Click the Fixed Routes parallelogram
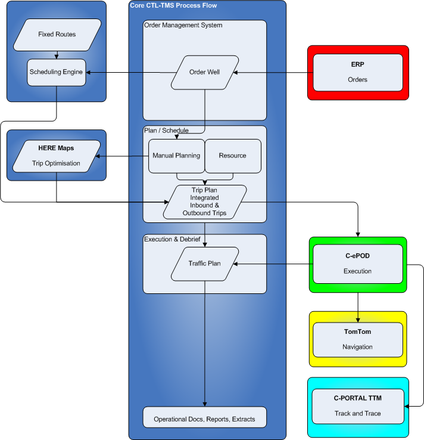pos(57,35)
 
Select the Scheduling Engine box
pos(57,72)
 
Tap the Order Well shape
pos(205,72)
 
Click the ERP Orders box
pos(358,73)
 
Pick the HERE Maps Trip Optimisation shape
pos(57,156)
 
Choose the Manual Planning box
pos(176,156)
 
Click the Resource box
pos(233,156)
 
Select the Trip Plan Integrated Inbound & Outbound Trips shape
pos(205,202)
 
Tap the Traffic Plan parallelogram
pos(205,264)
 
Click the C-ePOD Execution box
pos(358,264)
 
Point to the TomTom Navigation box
pos(358,340)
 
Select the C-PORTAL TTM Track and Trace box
pos(358,407)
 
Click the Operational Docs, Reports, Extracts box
pos(205,417)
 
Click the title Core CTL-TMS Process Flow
pos(173,5)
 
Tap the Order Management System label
pos(183,25)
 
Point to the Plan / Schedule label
pos(167,131)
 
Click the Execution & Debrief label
pos(172,239)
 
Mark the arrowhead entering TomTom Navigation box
pos(358,320)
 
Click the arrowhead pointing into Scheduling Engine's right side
pos(88,72)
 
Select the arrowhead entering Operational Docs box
pos(205,404)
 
